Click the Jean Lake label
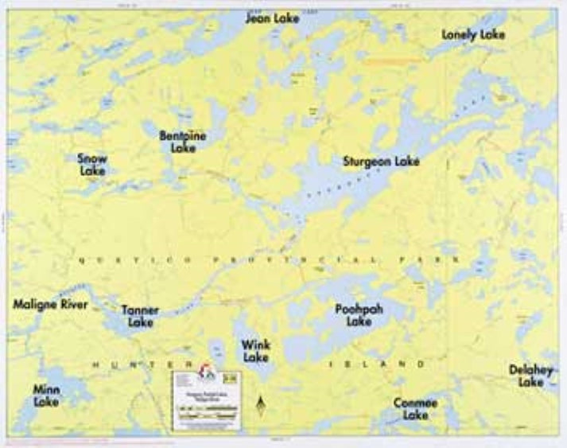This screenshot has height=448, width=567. [x=272, y=18]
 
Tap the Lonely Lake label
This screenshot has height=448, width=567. [x=473, y=35]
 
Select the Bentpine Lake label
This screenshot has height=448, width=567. [x=182, y=142]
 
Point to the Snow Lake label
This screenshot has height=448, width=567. [x=92, y=164]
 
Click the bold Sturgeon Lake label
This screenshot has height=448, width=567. [x=380, y=162]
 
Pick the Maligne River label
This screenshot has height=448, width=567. [x=50, y=304]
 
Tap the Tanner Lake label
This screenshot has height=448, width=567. [x=140, y=316]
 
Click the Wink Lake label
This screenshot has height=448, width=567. [x=255, y=351]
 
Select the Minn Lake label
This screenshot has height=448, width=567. [x=46, y=395]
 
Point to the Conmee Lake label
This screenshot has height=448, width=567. [x=415, y=409]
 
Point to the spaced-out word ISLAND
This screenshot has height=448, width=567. [x=377, y=364]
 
